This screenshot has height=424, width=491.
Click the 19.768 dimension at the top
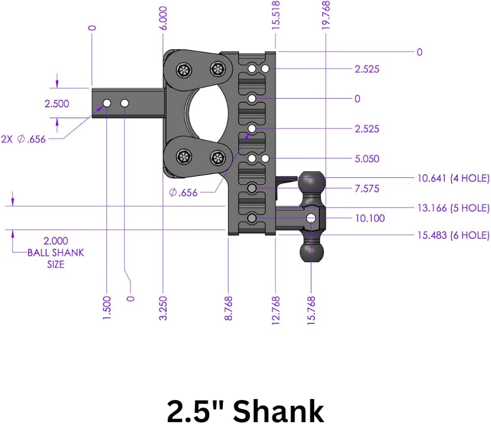(x=326, y=15)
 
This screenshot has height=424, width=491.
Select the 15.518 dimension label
(x=275, y=15)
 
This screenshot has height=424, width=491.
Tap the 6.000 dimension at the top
(x=163, y=18)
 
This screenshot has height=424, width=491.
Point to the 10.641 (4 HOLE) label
(x=453, y=178)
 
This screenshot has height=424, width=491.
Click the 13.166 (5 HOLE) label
(x=453, y=208)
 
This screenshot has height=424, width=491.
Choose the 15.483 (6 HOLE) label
(x=453, y=235)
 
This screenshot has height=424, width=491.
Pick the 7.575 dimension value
(x=367, y=188)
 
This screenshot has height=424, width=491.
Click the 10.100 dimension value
(x=370, y=218)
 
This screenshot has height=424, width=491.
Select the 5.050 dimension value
(x=367, y=159)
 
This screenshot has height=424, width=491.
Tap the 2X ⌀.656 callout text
(x=23, y=139)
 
